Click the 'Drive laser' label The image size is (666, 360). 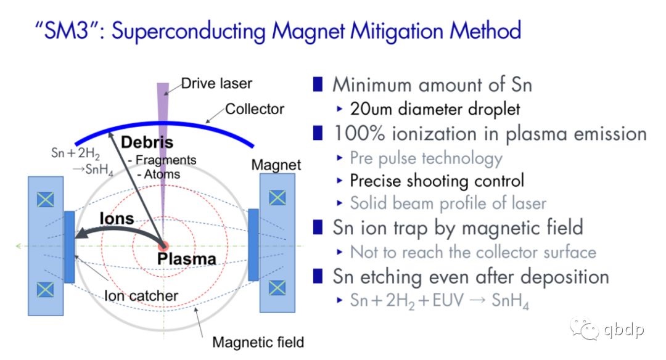(x=216, y=84)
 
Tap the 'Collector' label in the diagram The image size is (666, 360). (x=255, y=109)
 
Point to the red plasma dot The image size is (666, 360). (x=163, y=246)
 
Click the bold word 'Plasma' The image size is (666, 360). (x=186, y=258)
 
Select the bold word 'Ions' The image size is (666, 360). (x=117, y=219)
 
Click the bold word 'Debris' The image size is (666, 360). (x=147, y=142)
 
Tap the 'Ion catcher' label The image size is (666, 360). (x=141, y=296)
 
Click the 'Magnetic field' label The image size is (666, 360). (x=258, y=342)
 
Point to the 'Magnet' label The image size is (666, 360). (x=276, y=165)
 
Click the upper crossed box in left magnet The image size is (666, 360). (x=46, y=199)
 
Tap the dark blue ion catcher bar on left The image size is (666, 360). (x=70, y=247)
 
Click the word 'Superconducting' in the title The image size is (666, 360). (x=188, y=31)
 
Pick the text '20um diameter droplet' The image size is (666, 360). (x=435, y=109)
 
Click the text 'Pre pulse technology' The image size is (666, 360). (x=427, y=158)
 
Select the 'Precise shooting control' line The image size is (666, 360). (x=437, y=181)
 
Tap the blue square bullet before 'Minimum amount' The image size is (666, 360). (x=318, y=84)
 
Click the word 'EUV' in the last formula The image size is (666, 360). (x=448, y=301)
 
